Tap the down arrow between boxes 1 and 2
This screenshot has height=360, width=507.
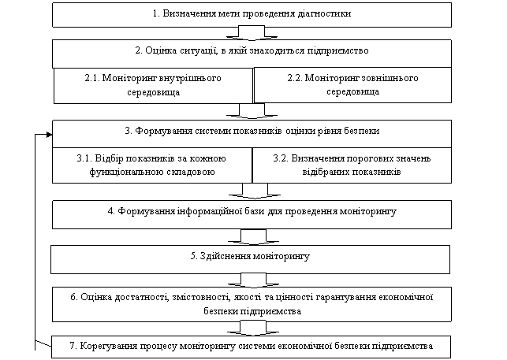click(x=252, y=34)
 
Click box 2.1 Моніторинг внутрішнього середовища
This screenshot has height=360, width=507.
click(x=153, y=85)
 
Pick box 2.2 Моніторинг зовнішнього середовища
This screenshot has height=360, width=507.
click(x=352, y=85)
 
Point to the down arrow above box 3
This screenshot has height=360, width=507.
click(x=252, y=112)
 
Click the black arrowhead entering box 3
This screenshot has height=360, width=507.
click(x=49, y=135)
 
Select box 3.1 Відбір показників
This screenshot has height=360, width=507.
click(x=152, y=165)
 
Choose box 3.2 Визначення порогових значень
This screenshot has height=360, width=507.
click(x=352, y=165)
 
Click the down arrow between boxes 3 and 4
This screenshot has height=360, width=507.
click(x=255, y=191)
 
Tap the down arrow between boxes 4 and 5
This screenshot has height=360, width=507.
click(x=253, y=237)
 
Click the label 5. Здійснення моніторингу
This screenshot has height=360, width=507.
click(x=250, y=257)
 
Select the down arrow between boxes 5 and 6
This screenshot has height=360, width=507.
click(x=253, y=280)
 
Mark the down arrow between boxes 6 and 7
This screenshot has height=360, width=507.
click(x=253, y=328)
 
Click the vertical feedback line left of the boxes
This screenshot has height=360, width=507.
click(x=35, y=242)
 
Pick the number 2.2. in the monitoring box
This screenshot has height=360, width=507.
click(x=295, y=78)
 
